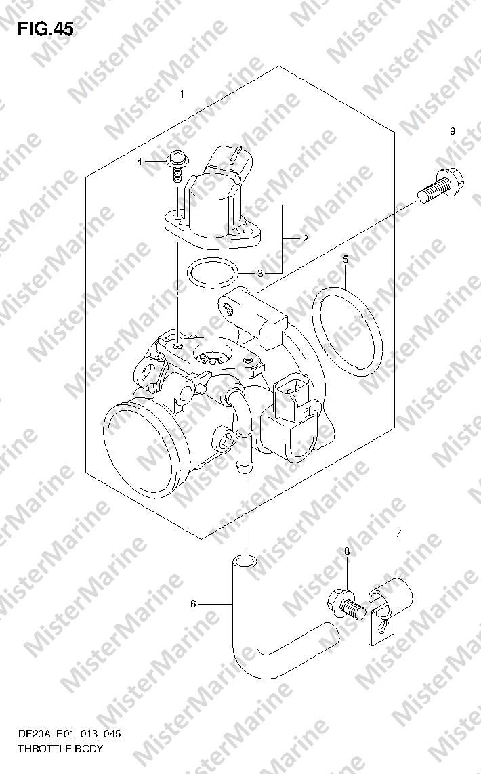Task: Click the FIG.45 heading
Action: click(45, 29)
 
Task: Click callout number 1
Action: click(182, 93)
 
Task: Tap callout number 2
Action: click(306, 240)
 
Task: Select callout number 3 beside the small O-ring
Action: click(260, 274)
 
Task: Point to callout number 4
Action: click(140, 161)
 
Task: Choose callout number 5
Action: click(346, 259)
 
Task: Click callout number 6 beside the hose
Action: click(193, 604)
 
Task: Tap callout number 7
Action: click(398, 533)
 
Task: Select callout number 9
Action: click(453, 131)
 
